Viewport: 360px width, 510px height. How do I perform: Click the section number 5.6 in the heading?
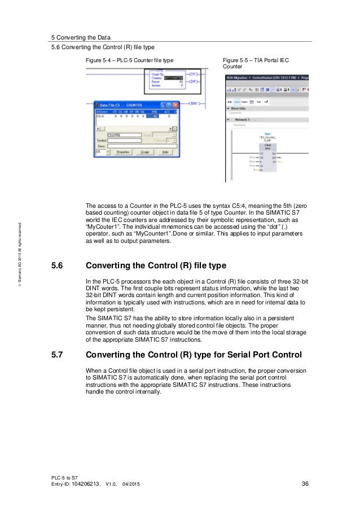59,266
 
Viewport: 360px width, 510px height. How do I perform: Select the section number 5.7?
59,355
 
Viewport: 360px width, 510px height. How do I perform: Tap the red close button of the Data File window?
175,105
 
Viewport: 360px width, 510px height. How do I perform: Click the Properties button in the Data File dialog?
122,151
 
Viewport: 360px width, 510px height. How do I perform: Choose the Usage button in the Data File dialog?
144,151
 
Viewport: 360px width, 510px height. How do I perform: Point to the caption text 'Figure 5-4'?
97,59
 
